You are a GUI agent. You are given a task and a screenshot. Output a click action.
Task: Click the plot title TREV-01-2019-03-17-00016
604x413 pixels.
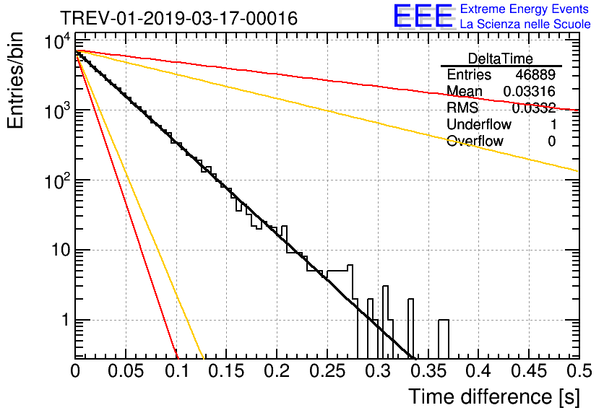tap(178, 18)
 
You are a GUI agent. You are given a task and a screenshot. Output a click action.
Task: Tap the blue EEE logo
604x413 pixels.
tap(423, 16)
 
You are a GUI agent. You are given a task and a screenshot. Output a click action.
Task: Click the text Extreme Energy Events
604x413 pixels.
tap(525, 9)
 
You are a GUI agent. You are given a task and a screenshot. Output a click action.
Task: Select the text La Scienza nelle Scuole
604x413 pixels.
tap(525, 24)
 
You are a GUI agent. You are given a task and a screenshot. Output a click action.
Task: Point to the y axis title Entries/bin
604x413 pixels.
tap(15, 81)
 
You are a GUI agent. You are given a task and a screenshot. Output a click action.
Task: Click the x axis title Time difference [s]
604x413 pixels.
tap(494, 397)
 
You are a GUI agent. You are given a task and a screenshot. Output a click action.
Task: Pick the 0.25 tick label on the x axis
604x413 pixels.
tap(327, 371)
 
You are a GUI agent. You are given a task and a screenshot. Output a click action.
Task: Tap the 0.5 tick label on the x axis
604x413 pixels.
tap(579, 371)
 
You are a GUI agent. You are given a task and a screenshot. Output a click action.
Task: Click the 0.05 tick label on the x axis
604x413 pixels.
tap(126, 371)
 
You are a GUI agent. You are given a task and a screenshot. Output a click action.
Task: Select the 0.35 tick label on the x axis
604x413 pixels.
tap(428, 371)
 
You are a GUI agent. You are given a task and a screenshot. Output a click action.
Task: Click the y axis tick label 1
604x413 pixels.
tap(66, 321)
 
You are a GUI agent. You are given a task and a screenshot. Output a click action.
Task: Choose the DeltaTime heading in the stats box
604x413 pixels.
tap(501, 58)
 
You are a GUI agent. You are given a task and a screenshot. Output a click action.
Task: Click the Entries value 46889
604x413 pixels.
tap(535, 74)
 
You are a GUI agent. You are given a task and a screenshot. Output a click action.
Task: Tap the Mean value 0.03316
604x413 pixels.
tap(530, 91)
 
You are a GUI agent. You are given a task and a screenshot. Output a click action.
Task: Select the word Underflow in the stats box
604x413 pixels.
tap(479, 124)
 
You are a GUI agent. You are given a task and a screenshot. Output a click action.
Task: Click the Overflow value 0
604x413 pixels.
tap(551, 142)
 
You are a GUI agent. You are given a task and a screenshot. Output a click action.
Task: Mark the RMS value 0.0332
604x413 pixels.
tap(533, 108)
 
